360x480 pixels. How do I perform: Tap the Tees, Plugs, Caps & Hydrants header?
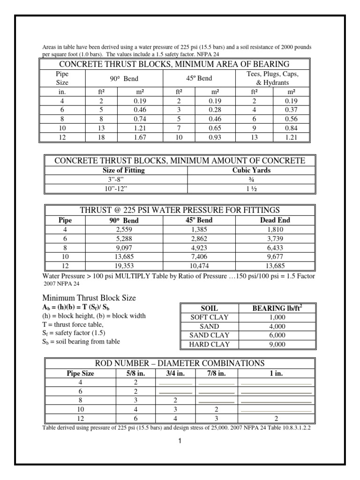pyautogui.click(x=272, y=79)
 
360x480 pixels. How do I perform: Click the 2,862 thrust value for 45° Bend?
pyautogui.click(x=202, y=239)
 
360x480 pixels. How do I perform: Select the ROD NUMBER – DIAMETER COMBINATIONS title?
pyautogui.click(x=180, y=363)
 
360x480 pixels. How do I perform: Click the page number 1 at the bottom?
pyautogui.click(x=180, y=441)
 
